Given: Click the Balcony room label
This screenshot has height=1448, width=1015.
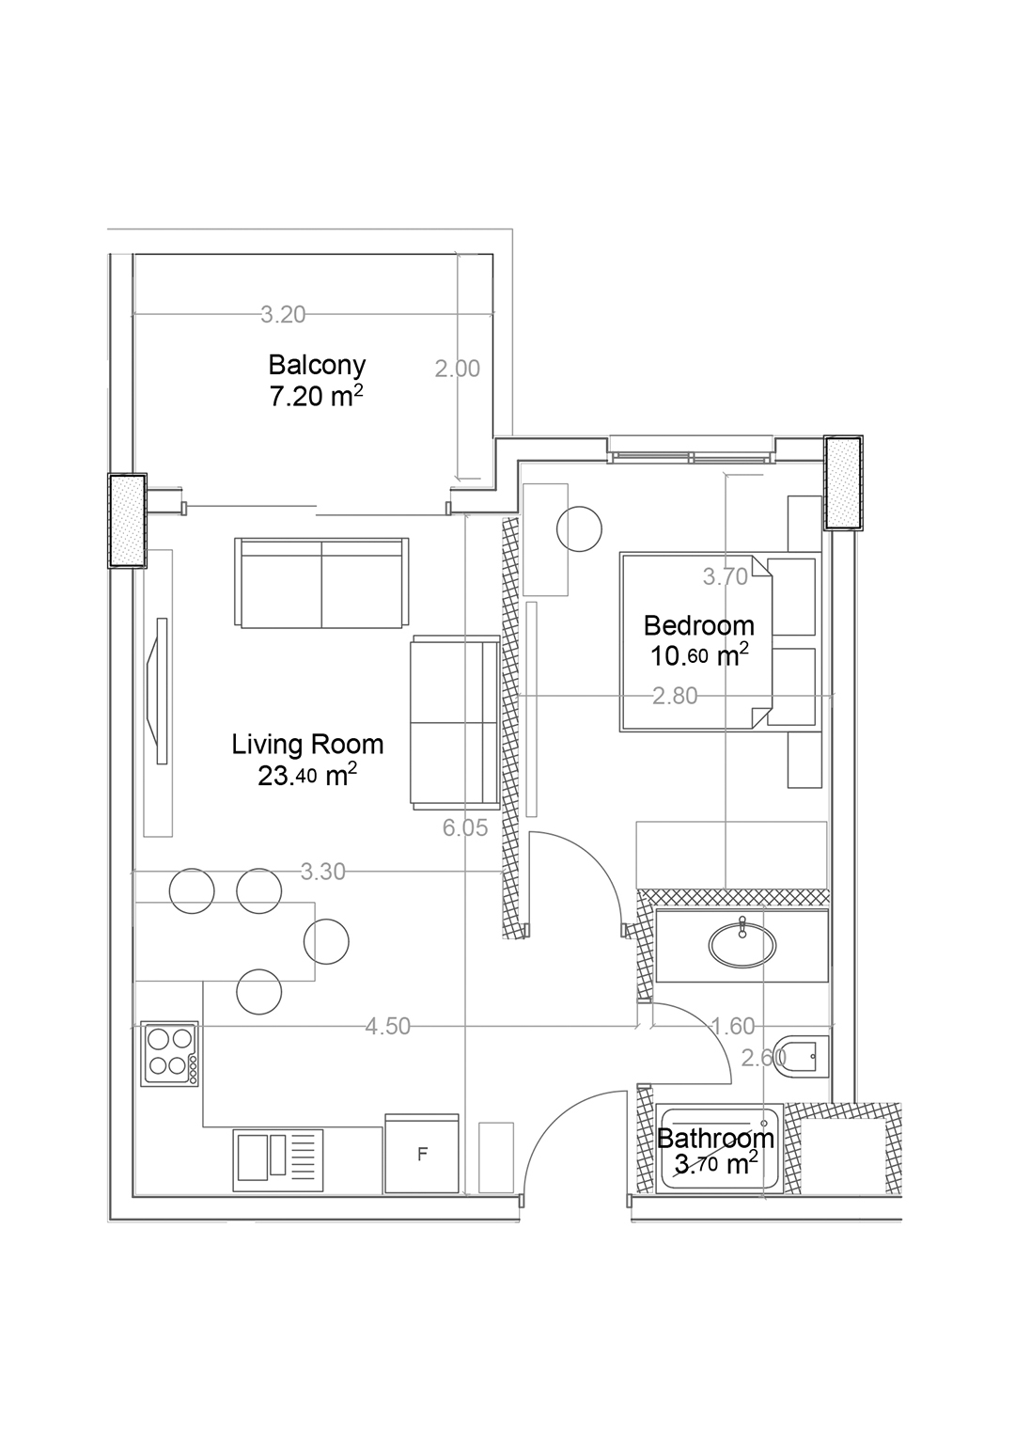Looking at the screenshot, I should [x=317, y=364].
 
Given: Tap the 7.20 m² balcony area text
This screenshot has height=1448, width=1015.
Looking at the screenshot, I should [x=316, y=396].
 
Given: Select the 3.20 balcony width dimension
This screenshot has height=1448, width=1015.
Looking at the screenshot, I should [x=283, y=315].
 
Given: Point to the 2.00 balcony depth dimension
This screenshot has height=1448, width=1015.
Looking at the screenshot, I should [x=458, y=369].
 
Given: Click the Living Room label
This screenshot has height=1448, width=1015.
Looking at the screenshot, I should [x=307, y=745].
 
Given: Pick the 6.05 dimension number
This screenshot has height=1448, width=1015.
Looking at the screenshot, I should [x=465, y=827].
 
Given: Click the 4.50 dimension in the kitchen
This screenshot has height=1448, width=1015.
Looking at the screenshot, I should [x=388, y=1027].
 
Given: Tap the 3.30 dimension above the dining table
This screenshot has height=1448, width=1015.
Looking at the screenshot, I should [x=323, y=872].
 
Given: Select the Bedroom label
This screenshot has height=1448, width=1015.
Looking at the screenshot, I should [x=698, y=625].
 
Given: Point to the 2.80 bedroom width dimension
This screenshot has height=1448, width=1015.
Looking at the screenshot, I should [x=676, y=696].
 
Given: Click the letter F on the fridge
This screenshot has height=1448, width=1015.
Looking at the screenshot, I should [x=422, y=1155].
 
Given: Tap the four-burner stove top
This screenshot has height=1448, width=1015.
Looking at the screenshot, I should [x=170, y=1053].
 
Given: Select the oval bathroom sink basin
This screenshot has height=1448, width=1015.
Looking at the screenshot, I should [x=742, y=944].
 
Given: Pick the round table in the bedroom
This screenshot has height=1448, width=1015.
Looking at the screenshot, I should [x=579, y=529].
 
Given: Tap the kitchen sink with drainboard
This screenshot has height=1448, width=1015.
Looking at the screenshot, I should [x=279, y=1157].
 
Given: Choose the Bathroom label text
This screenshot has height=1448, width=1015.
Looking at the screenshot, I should [x=715, y=1139].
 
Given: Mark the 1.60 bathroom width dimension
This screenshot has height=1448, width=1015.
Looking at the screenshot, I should [x=733, y=1027].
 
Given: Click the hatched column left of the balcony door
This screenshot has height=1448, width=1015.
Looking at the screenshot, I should [x=127, y=520].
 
